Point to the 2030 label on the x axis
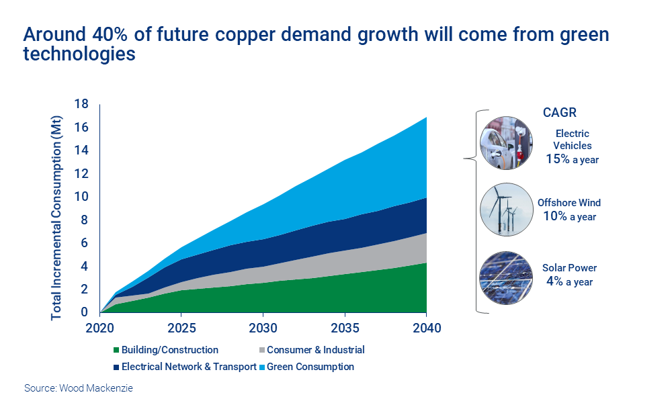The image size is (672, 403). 263,328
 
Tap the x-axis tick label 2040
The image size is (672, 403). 426,328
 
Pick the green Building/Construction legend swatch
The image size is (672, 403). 116,350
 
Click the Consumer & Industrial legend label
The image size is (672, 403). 316,350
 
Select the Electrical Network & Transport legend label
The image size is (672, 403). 189,367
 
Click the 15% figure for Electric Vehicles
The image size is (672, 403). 558,160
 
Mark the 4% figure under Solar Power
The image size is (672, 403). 556,281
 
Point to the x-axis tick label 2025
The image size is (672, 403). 181,328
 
